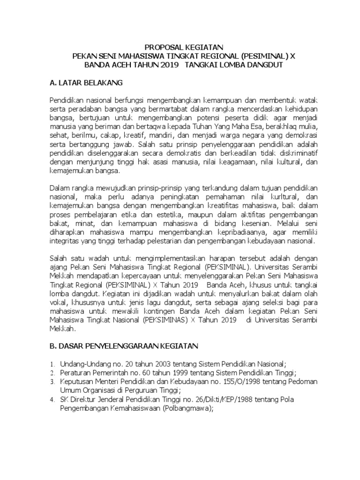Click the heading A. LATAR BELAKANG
click(86, 83)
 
